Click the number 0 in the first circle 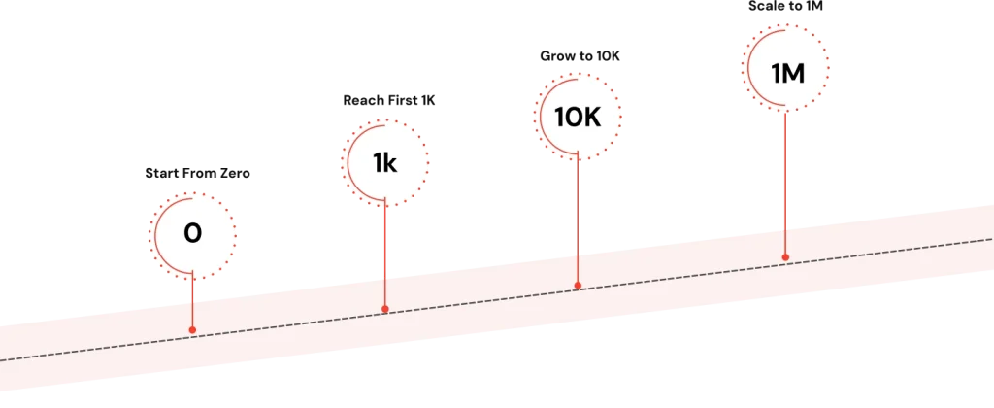tap(192, 234)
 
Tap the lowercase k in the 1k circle tap(390, 163)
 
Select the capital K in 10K tap(590, 118)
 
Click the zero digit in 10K tap(573, 118)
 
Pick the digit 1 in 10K tap(558, 118)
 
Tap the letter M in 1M tap(793, 72)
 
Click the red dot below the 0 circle tap(192, 330)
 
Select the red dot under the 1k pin tap(385, 309)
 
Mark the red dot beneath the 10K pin tap(578, 286)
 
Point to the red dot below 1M tap(785, 257)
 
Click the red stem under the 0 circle tap(192, 303)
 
